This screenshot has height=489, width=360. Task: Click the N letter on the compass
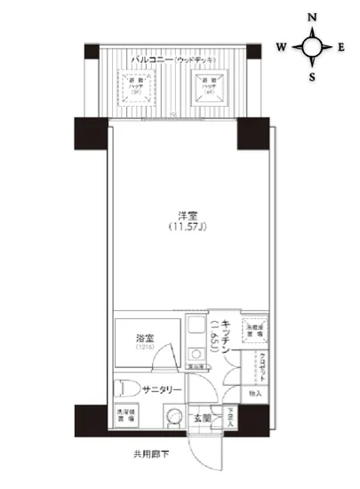(312, 17)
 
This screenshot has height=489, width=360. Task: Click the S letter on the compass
(312, 75)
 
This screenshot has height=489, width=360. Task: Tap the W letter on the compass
(281, 46)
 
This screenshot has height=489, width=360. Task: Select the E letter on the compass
(341, 46)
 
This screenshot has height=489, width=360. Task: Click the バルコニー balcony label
(151, 60)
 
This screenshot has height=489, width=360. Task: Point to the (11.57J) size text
(188, 228)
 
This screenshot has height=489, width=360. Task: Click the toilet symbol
(125, 388)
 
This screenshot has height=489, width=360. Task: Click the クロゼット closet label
(264, 365)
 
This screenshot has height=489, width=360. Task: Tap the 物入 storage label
(254, 392)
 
